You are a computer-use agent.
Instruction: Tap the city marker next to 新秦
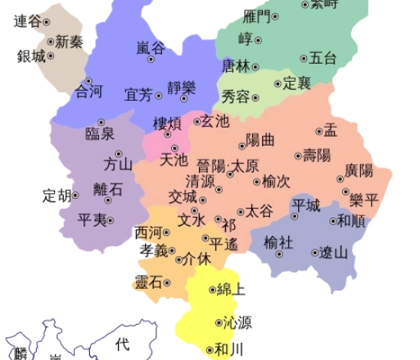[x=50, y=42]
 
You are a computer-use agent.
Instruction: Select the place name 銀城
[x=31, y=56]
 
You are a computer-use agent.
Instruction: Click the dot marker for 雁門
[x=275, y=16]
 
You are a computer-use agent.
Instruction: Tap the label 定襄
[x=297, y=83]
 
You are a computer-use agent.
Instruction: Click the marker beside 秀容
[x=255, y=97]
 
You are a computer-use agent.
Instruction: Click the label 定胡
[x=56, y=196]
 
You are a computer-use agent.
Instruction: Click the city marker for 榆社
[x=278, y=254]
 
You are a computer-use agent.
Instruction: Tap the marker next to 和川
[x=209, y=350]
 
